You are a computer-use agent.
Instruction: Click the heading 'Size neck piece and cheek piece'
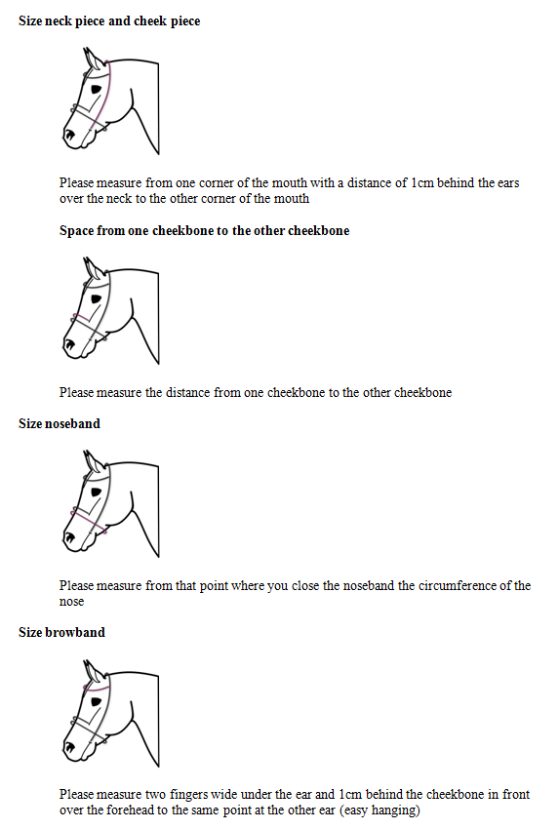point(109,20)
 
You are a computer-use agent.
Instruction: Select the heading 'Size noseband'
point(60,424)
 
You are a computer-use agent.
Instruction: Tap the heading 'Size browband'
point(61,632)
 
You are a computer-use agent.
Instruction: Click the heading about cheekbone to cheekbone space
point(204,231)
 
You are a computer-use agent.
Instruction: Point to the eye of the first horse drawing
point(96,89)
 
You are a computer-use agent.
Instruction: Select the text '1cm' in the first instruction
point(421,182)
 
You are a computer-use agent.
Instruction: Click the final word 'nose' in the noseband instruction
point(72,602)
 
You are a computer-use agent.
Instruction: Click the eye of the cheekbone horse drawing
point(96,296)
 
